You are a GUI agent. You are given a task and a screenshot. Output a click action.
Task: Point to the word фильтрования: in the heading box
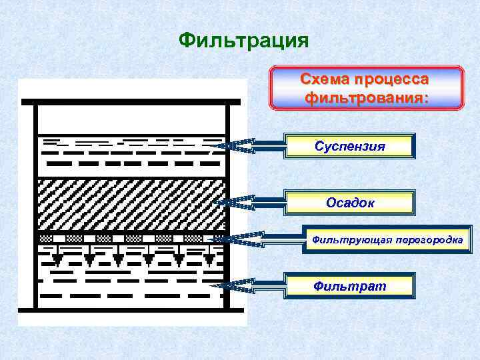pos(365,97)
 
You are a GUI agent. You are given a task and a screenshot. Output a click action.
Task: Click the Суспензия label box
pos(349,146)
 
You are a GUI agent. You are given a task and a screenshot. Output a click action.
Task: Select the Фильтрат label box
pos(349,286)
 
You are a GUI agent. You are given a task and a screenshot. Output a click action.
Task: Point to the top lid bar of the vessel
pos(131,103)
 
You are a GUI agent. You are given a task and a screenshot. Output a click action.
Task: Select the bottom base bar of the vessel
pos(131,310)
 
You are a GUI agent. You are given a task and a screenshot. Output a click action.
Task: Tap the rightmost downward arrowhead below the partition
pos(209,258)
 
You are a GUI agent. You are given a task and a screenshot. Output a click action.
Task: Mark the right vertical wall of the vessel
pos(227,207)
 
